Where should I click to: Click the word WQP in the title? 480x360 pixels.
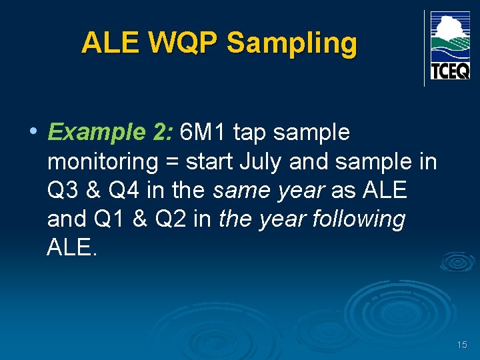click(x=183, y=43)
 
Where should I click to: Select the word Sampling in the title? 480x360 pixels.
click(x=292, y=44)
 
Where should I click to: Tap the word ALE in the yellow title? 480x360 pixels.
click(x=111, y=43)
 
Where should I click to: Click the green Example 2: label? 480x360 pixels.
click(x=111, y=133)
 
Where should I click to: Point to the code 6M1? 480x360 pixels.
click(x=204, y=133)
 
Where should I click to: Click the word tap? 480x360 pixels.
click(x=251, y=133)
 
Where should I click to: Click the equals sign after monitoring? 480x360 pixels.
click(x=175, y=162)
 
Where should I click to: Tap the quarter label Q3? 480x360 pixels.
click(x=63, y=190)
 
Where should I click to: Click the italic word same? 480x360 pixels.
click(x=240, y=190)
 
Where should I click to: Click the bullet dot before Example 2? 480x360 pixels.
click(x=33, y=131)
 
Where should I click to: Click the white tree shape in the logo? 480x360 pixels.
click(x=449, y=27)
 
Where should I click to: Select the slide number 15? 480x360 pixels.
click(x=462, y=345)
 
